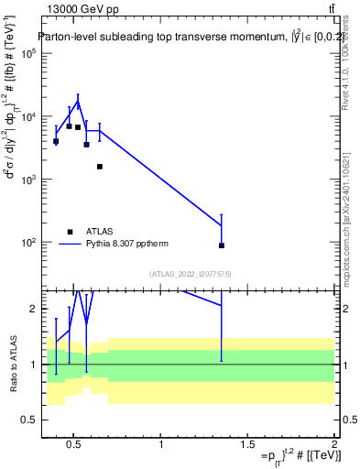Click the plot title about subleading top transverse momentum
pyautogui.click(x=183, y=38)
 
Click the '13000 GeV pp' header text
pyautogui.click(x=77, y=10)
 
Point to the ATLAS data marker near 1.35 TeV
pyautogui.click(x=222, y=245)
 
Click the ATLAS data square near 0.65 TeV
pyautogui.click(x=99, y=167)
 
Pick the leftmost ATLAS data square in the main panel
pyautogui.click(x=56, y=141)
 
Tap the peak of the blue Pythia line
pyautogui.click(x=78, y=101)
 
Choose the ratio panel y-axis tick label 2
pyautogui.click(x=31, y=310)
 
